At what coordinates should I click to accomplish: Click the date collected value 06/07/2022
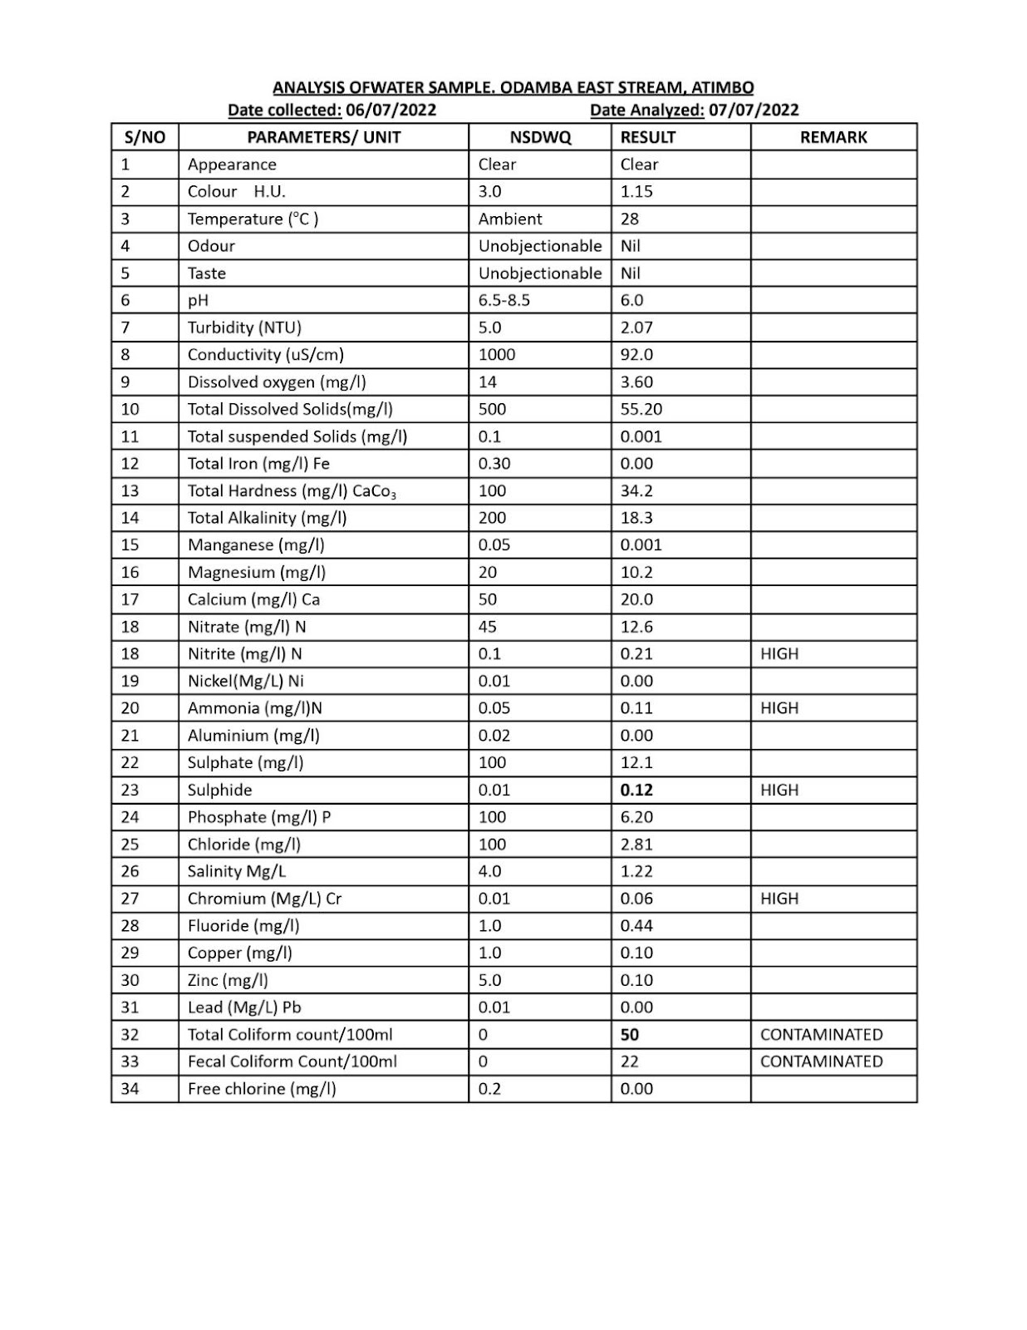pos(391,110)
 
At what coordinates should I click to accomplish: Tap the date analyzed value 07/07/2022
pos(754,110)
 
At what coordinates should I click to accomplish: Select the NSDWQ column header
pos(540,137)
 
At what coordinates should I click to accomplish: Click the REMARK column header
pos(833,137)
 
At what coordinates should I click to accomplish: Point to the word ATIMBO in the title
pos(723,87)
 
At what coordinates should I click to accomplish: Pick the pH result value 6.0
pos(632,300)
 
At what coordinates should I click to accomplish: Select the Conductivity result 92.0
pos(636,355)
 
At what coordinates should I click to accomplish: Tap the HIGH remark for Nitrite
pos(779,654)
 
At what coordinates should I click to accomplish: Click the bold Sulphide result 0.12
pos(636,790)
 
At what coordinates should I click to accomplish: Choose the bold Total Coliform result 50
pos(630,1035)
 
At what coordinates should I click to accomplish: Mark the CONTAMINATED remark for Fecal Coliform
pos(821,1062)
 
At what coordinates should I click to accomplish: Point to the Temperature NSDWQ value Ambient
pos(510,219)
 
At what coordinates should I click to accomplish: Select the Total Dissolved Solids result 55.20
pos(641,409)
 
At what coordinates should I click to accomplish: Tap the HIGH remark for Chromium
pos(779,899)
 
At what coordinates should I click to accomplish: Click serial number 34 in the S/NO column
pos(130,1089)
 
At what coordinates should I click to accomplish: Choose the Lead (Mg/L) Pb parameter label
pos(244,1007)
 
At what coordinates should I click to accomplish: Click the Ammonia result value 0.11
pos(636,708)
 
